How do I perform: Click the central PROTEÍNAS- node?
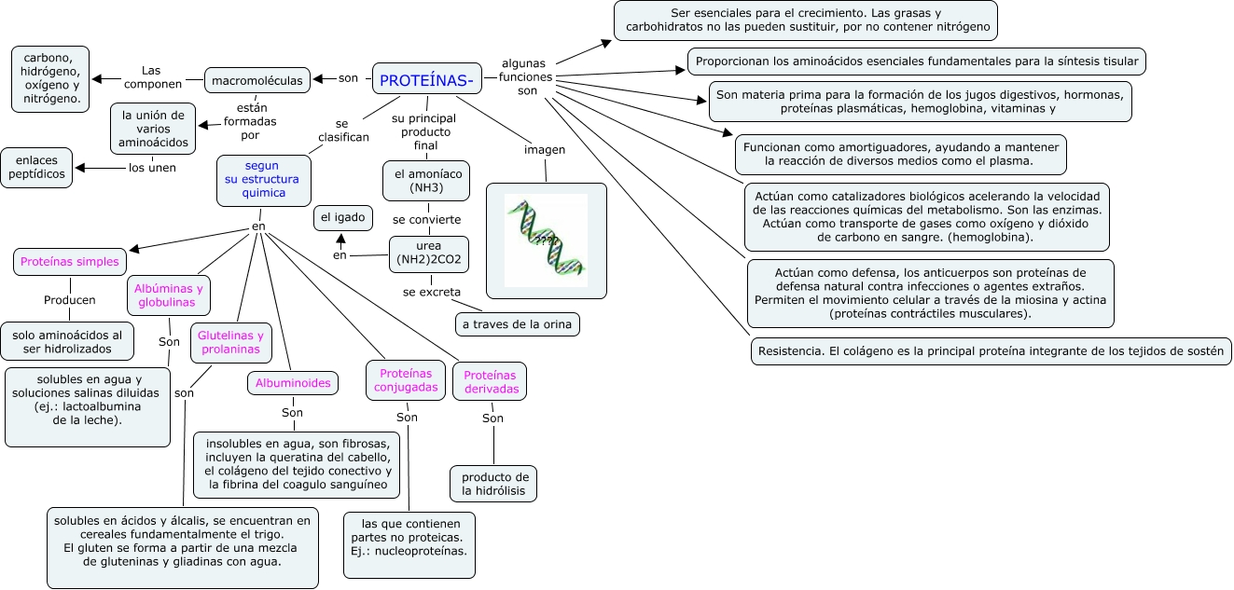(x=426, y=80)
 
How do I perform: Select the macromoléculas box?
(x=257, y=81)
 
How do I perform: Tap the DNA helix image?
(x=546, y=240)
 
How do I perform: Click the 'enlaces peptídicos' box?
(x=37, y=168)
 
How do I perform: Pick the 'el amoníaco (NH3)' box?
(x=426, y=181)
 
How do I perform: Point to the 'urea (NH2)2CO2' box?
(x=428, y=254)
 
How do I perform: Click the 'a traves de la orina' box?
(x=518, y=324)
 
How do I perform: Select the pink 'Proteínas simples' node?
(x=70, y=262)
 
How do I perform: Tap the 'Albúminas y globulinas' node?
(x=167, y=295)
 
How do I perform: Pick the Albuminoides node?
(x=293, y=382)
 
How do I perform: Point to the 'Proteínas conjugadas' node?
(x=406, y=379)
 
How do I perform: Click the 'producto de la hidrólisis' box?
(x=493, y=484)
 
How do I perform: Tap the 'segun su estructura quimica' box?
(x=263, y=180)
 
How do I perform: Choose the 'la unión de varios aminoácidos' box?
(x=153, y=129)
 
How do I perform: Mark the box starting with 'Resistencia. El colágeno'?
(x=991, y=351)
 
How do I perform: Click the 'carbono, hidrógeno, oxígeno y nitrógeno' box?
(x=51, y=75)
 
